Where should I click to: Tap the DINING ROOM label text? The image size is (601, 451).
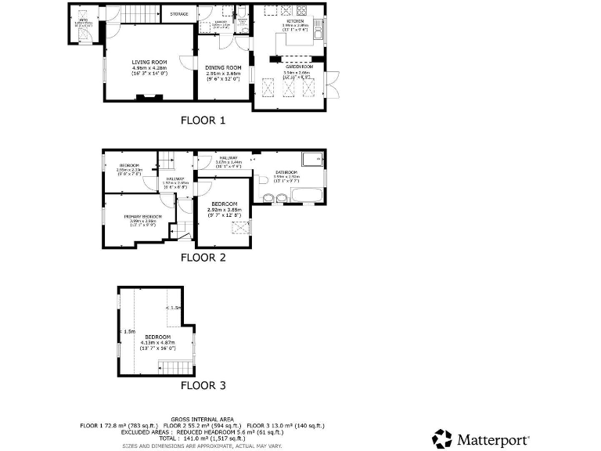tap(224, 68)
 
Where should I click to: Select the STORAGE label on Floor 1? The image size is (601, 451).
tap(178, 13)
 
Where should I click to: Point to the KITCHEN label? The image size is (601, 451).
tap(295, 22)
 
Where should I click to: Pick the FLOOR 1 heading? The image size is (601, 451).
tap(203, 121)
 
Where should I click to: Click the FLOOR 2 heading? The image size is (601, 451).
tap(203, 257)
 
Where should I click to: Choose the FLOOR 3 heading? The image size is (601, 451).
tap(203, 385)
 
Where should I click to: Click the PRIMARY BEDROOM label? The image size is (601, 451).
tap(143, 217)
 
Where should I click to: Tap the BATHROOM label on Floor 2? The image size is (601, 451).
tap(287, 172)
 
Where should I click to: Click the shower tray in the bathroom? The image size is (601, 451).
tap(313, 158)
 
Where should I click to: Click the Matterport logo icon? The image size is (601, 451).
tap(442, 438)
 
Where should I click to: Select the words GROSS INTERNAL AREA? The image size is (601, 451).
tap(203, 419)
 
